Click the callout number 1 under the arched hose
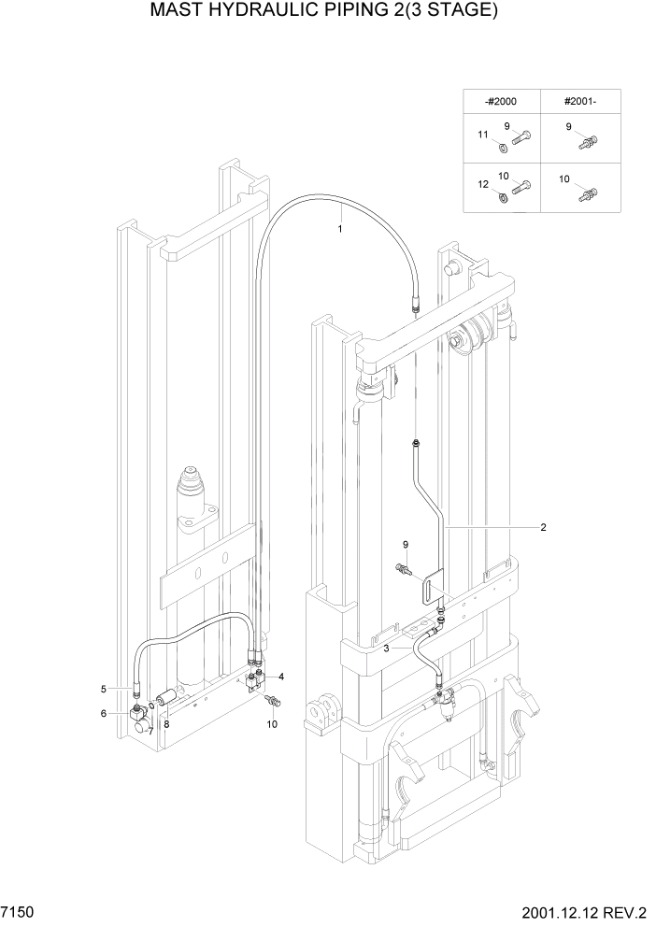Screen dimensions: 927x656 click(340, 228)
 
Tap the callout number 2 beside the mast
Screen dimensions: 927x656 click(543, 527)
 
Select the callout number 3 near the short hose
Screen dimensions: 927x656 click(386, 648)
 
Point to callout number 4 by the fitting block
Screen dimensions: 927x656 click(281, 676)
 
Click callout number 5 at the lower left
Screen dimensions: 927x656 click(104, 690)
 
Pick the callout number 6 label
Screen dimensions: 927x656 click(104, 714)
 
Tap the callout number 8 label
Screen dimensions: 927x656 click(166, 722)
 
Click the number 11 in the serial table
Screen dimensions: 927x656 click(483, 135)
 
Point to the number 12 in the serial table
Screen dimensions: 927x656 click(483, 185)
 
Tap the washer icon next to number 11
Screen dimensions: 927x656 click(502, 146)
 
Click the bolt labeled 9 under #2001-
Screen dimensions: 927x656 click(588, 146)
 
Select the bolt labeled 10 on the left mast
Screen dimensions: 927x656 click(274, 701)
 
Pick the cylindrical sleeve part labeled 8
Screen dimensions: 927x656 click(166, 697)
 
